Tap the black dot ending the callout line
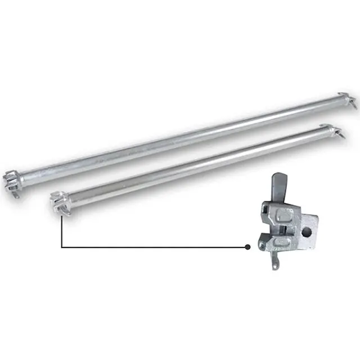247,247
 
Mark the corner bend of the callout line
60,247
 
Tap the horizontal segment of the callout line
152,247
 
